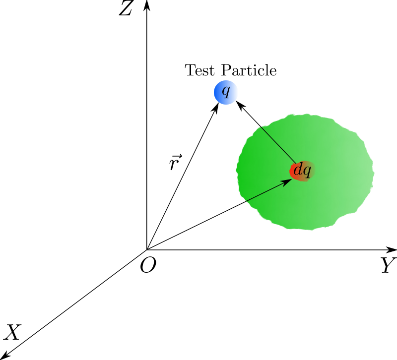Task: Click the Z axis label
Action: [x=126, y=8]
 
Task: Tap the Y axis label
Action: [x=389, y=265]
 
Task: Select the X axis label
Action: [x=12, y=332]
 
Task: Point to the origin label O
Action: [x=148, y=265]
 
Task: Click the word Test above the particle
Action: [x=199, y=70]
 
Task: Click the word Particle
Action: [x=249, y=70]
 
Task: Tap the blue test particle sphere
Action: [x=226, y=92]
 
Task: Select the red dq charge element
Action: [x=302, y=171]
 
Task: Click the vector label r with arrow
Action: [x=176, y=162]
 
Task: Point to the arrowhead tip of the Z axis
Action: [x=147, y=0]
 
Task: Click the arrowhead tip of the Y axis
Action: [x=396, y=250]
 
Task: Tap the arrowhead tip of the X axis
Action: [x=1, y=358]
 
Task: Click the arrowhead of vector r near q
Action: [x=218, y=103]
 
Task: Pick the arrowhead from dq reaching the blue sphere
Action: [x=236, y=101]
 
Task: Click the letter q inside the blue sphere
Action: [x=226, y=92]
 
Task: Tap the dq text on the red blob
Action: [x=302, y=170]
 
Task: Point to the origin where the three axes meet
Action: [x=147, y=250]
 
